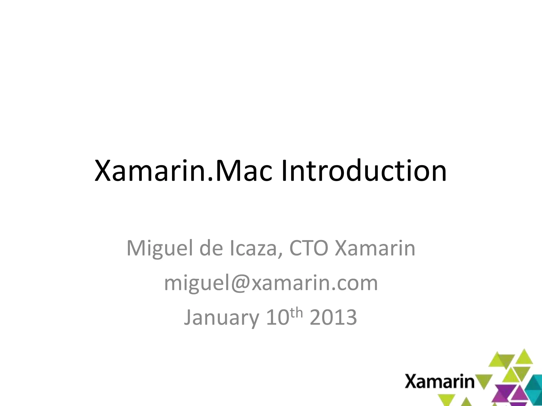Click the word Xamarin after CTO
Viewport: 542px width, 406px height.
(x=375, y=248)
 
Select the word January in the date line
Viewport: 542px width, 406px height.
(x=221, y=317)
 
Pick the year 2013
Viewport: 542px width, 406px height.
(x=333, y=317)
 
